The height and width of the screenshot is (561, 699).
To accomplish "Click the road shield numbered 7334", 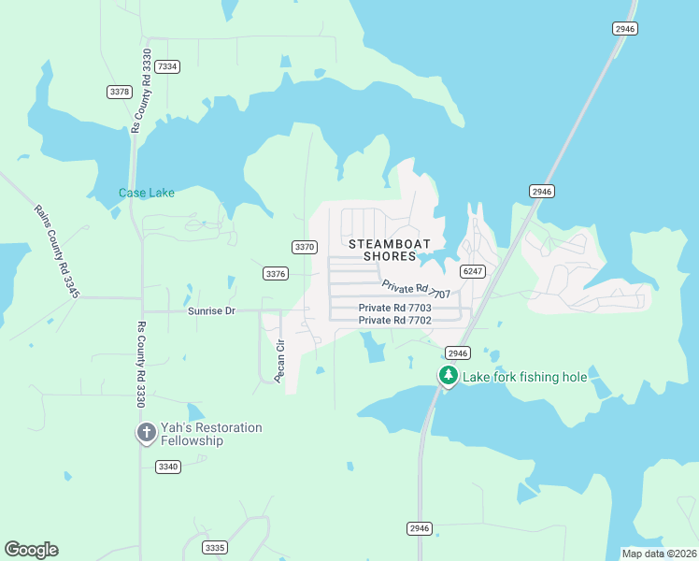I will (x=167, y=66).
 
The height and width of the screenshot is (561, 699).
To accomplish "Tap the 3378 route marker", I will (x=119, y=92).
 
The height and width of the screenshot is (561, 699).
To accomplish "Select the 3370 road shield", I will (x=304, y=247).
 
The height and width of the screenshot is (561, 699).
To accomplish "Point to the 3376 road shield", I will (x=276, y=274).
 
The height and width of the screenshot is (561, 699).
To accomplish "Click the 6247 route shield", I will (x=473, y=270).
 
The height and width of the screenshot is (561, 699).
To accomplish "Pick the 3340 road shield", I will (x=168, y=467).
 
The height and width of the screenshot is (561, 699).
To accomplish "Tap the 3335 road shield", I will (x=215, y=548).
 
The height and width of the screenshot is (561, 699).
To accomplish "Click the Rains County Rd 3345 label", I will (x=57, y=252).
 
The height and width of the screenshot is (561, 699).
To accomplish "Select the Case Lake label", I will (x=146, y=194).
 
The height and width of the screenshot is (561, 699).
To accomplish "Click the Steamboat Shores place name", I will (x=390, y=250).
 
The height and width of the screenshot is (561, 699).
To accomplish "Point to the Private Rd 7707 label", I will (x=416, y=290).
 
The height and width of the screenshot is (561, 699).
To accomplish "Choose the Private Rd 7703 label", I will (x=394, y=308).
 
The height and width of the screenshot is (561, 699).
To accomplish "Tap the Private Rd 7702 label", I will (x=394, y=320).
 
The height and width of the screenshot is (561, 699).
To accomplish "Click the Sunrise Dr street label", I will (x=211, y=310).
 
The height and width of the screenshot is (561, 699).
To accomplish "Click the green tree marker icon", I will (x=449, y=376).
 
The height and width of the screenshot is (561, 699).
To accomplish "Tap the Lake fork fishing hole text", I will (x=524, y=377).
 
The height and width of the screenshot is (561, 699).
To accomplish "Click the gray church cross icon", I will (x=146, y=432).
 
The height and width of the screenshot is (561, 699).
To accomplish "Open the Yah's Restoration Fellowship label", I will (x=211, y=434).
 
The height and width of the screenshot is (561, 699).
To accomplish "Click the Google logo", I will (x=31, y=550).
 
